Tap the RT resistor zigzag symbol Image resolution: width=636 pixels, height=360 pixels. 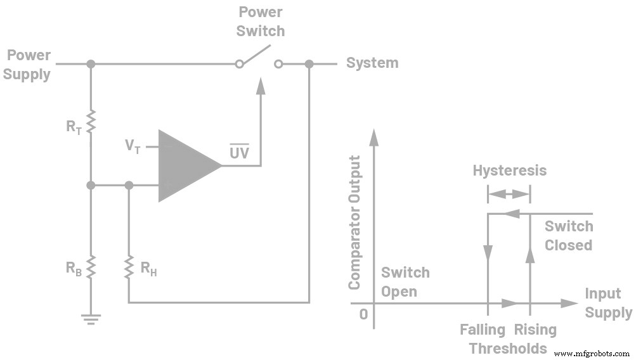coord(91,122)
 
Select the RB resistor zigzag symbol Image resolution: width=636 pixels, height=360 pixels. coord(91,267)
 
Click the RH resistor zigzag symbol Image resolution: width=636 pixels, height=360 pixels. coord(129,267)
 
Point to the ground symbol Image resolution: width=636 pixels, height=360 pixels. coord(91,318)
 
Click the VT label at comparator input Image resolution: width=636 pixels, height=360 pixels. coord(133,146)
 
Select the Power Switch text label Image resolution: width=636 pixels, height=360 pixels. coord(261,21)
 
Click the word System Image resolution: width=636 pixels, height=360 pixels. coord(372,63)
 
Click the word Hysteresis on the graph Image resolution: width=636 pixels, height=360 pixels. coord(509,170)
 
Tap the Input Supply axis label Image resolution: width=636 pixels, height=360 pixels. coord(607,303)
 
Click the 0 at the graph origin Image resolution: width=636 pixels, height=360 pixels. coord(363,314)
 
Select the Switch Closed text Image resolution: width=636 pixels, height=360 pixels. coord(568,236)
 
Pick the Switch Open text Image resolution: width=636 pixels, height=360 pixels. coord(405,281)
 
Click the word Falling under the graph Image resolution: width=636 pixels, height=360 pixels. coord(483,330)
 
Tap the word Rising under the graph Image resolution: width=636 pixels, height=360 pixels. coord(535,330)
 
